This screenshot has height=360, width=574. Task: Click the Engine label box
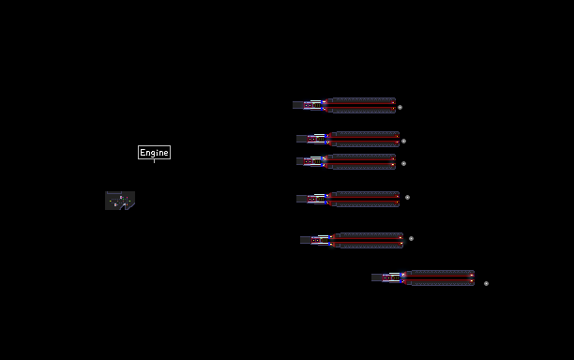pyautogui.click(x=154, y=152)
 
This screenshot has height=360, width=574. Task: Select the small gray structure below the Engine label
pyautogui.click(x=120, y=201)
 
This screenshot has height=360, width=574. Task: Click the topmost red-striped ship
pyautogui.click(x=344, y=105)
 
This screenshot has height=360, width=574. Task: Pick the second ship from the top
pyautogui.click(x=348, y=139)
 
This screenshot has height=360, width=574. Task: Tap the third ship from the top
pyautogui.click(x=346, y=161)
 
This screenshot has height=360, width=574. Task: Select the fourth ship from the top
pyautogui.click(x=348, y=199)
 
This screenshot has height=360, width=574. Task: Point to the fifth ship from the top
pyautogui.click(x=352, y=240)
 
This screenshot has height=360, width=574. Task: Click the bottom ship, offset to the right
pyautogui.click(x=423, y=278)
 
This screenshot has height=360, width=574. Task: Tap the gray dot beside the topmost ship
pyautogui.click(x=400, y=107)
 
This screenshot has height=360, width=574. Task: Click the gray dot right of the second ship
pyautogui.click(x=403, y=141)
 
